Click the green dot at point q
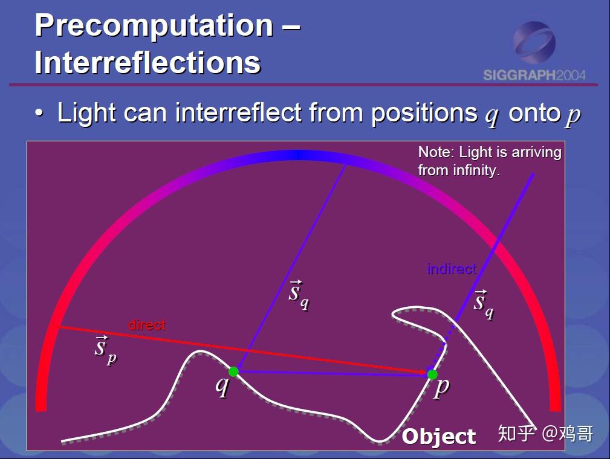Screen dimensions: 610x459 (233, 371)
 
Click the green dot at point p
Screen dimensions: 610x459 (432, 374)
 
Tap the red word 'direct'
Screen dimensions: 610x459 (147, 324)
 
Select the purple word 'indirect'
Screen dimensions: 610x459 (452, 269)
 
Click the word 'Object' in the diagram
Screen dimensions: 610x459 (439, 437)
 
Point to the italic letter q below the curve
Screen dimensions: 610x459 (222, 386)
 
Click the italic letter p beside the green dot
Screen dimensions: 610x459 (441, 388)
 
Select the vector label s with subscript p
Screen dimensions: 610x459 (105, 350)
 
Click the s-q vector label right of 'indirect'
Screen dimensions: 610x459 (484, 304)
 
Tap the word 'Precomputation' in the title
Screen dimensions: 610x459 (154, 25)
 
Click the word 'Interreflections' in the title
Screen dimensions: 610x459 (148, 62)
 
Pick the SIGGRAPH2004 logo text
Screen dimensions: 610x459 (534, 75)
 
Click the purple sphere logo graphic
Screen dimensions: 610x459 (534, 43)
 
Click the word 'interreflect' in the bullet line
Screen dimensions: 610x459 (238, 113)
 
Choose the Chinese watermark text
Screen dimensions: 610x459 (545, 434)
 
